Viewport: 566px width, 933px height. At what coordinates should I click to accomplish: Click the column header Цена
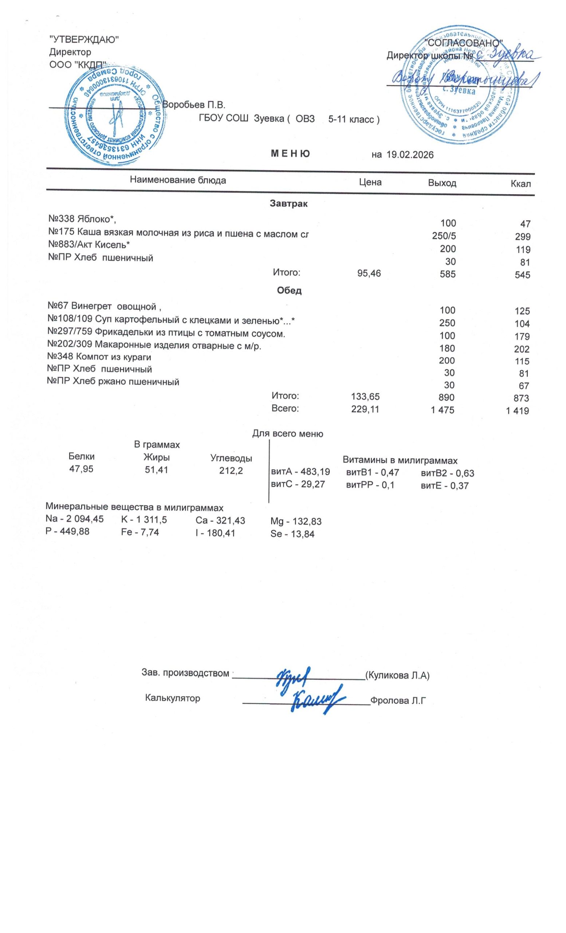[x=370, y=183]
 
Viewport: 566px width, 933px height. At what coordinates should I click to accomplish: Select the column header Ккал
[x=520, y=184]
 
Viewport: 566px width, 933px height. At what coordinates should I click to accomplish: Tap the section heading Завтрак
[x=289, y=204]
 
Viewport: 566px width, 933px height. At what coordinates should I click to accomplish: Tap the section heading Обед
[x=289, y=290]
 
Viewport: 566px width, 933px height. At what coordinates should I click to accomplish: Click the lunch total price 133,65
[x=365, y=397]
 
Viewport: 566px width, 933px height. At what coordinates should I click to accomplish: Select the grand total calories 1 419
[x=517, y=410]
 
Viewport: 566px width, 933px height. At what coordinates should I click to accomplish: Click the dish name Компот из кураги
[x=99, y=356]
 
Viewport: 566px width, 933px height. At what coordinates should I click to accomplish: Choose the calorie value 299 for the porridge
[x=523, y=237]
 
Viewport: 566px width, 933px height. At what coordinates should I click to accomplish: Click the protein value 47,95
[x=81, y=469]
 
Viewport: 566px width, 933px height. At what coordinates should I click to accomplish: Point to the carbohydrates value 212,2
[x=231, y=471]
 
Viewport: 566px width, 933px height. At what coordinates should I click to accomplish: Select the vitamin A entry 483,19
[x=300, y=472]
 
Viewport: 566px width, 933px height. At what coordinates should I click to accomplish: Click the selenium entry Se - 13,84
[x=292, y=534]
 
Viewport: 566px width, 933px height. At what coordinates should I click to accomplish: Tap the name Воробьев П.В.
[x=194, y=105]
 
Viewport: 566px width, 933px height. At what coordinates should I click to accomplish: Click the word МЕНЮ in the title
[x=290, y=153]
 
